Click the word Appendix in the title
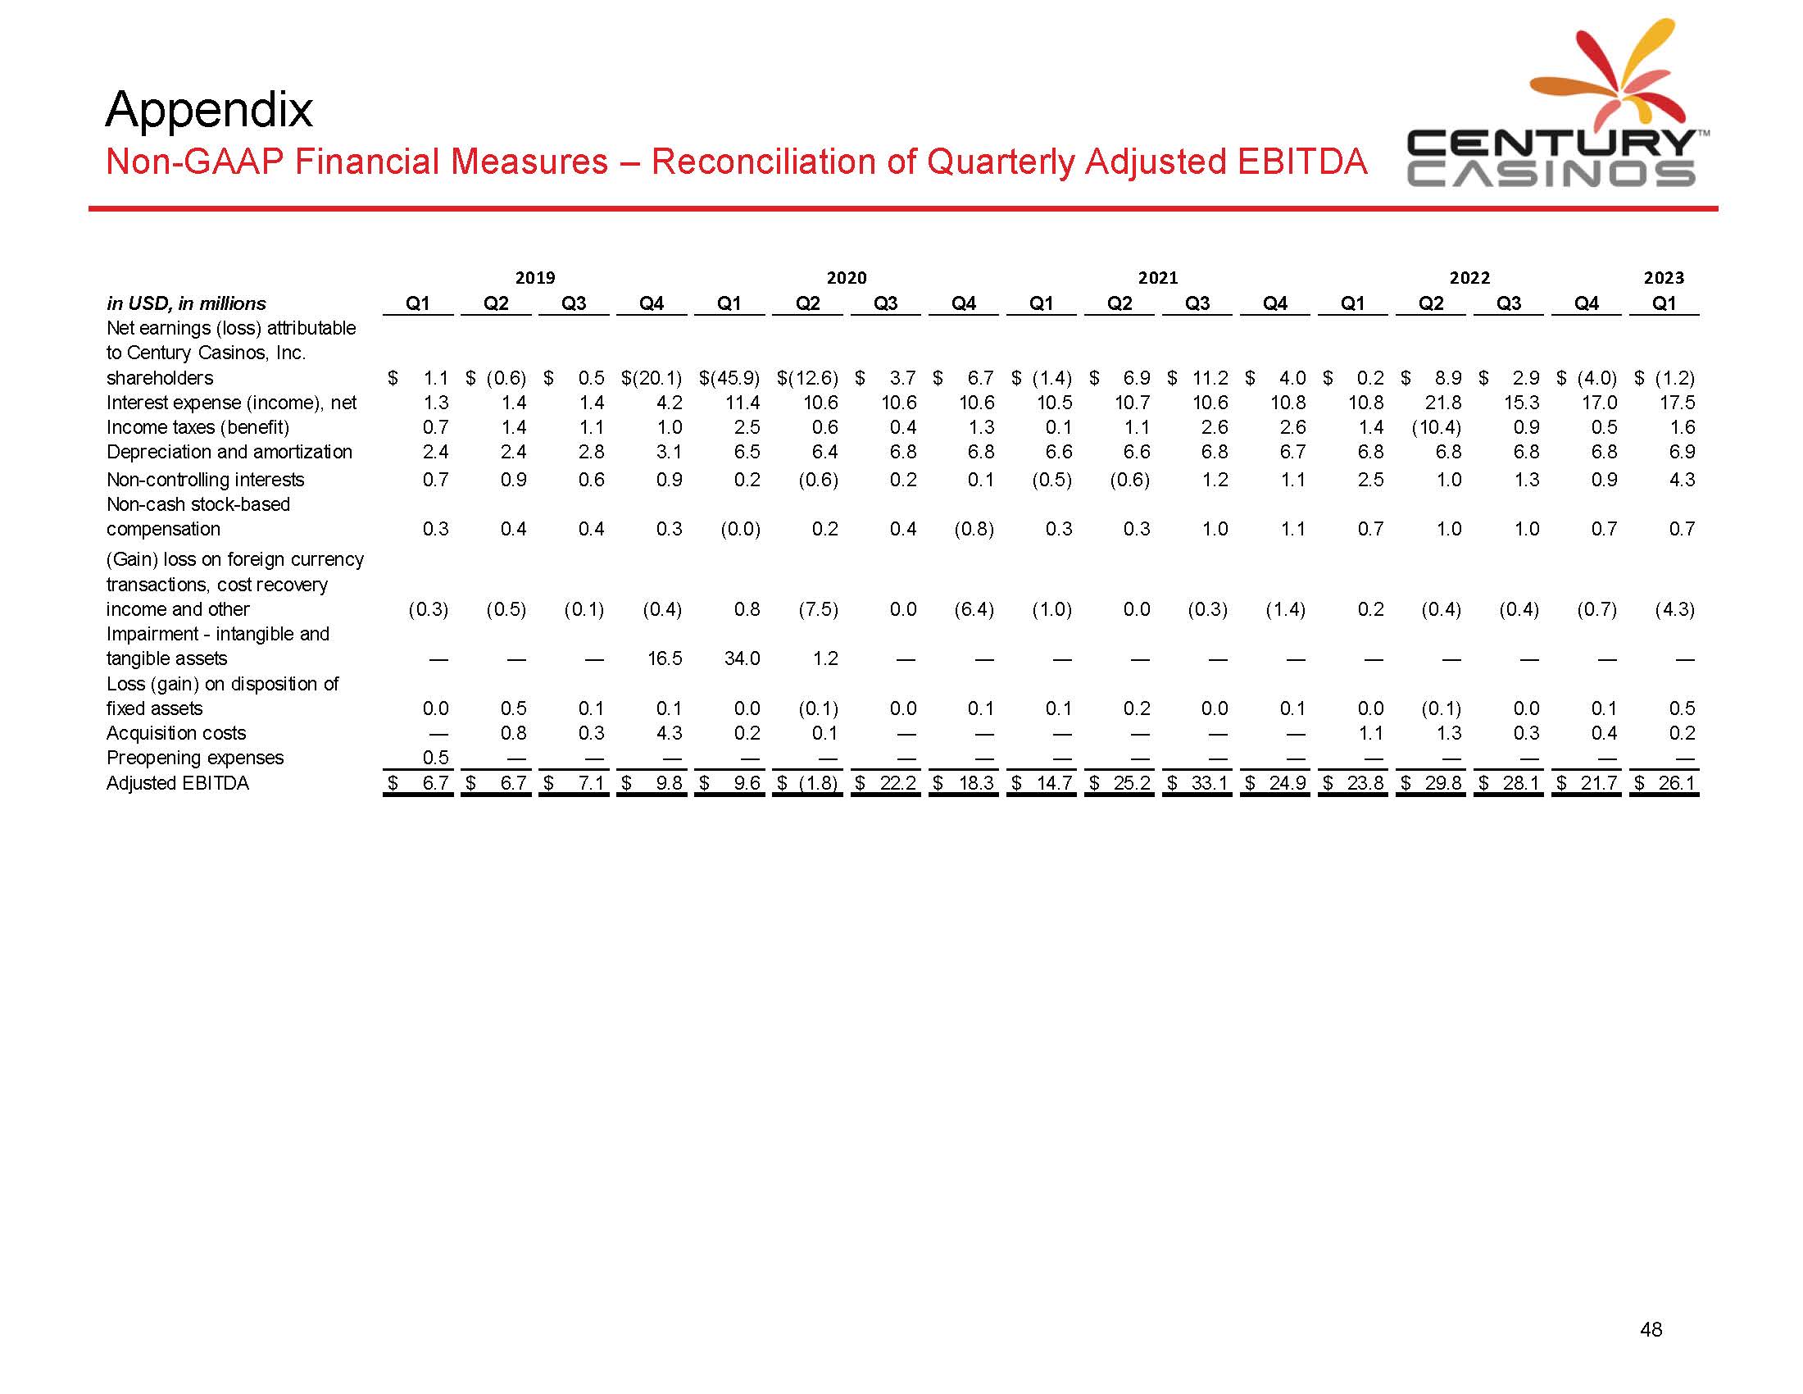pos(209,109)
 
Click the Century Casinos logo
pos(1551,107)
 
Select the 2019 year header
pos(535,278)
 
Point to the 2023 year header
pos(1664,278)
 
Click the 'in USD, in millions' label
pos(187,304)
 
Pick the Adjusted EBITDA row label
pos(178,783)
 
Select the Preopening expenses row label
pos(195,758)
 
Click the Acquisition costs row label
pos(176,733)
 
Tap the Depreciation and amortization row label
pos(229,452)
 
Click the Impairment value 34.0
pos(743,659)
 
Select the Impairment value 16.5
pos(665,659)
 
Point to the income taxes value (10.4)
pos(1437,428)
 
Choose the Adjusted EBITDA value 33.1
pos(1209,783)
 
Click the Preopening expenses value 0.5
pos(435,758)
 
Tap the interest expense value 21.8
pos(1444,403)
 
